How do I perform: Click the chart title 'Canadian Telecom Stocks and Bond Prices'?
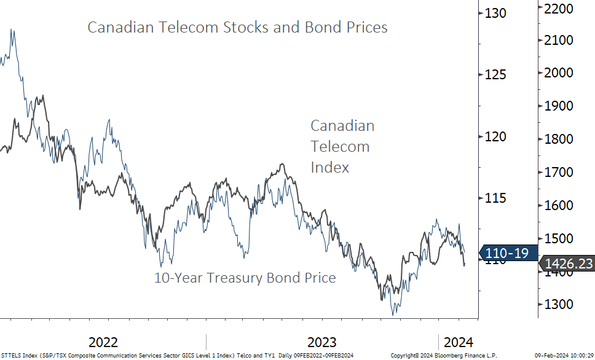click(237, 28)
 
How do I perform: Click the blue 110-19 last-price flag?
click(507, 252)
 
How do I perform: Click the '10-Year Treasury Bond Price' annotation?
click(245, 278)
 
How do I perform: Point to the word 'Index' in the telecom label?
click(329, 167)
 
